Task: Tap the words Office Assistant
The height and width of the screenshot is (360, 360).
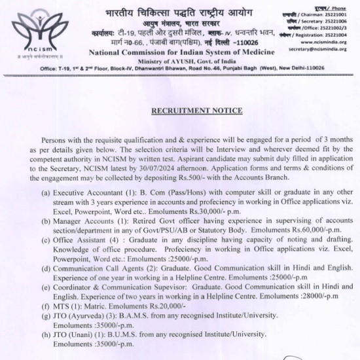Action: (x=81, y=240)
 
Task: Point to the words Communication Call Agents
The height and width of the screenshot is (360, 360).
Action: (x=103, y=268)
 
